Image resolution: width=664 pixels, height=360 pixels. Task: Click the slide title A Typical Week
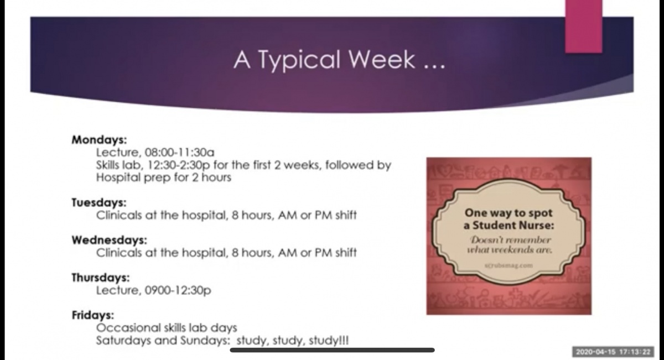point(339,60)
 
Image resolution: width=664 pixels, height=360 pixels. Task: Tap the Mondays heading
point(99,140)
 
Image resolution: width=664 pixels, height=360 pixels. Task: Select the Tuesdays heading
point(99,202)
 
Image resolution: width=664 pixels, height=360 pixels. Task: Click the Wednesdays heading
point(110,240)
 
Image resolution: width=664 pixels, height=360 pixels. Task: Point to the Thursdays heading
point(101,278)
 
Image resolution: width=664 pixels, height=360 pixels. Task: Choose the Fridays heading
point(93,315)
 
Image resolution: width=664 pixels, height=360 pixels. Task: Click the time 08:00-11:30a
point(179,153)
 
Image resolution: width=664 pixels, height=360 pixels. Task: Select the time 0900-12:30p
point(178,290)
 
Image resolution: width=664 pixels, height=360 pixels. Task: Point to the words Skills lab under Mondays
point(119,165)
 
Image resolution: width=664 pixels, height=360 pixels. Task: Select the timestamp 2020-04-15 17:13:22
point(613,352)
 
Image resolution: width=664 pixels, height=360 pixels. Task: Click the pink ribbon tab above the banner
point(583,27)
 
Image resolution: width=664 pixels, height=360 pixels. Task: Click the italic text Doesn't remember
point(511,239)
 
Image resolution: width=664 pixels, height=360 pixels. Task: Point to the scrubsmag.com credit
point(509,265)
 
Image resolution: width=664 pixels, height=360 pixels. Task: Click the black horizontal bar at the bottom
point(333,350)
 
